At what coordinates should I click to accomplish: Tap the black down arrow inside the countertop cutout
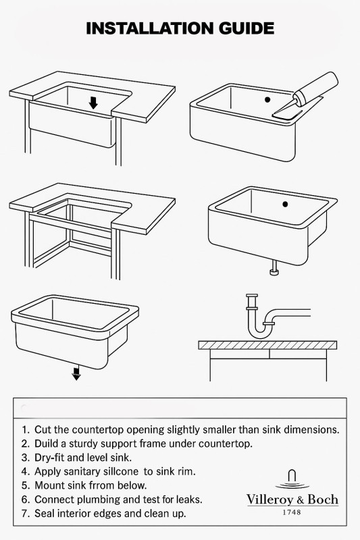click(x=93, y=103)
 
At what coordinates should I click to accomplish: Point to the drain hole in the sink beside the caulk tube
click(x=267, y=99)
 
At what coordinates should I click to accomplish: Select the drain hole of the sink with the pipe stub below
click(x=285, y=205)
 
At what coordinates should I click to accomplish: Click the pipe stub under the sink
click(x=274, y=268)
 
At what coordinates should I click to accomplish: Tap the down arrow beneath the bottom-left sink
click(x=76, y=373)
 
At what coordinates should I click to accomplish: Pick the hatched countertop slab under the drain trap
click(x=267, y=345)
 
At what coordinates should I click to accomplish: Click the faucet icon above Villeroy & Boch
click(x=292, y=479)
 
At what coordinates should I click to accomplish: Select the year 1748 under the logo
click(x=292, y=512)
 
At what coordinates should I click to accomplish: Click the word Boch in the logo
click(x=323, y=499)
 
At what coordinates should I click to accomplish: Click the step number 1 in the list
click(x=24, y=430)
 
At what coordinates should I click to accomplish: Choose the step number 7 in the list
click(x=24, y=514)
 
